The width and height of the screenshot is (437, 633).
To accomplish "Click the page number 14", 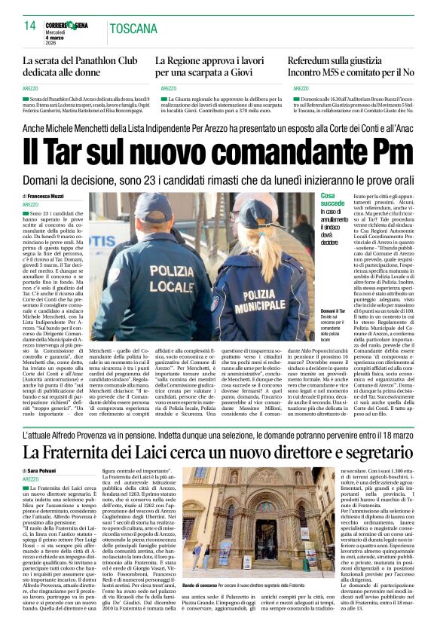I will pos(30,26).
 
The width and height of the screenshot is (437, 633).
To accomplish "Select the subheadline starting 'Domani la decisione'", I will pos(218,182).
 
